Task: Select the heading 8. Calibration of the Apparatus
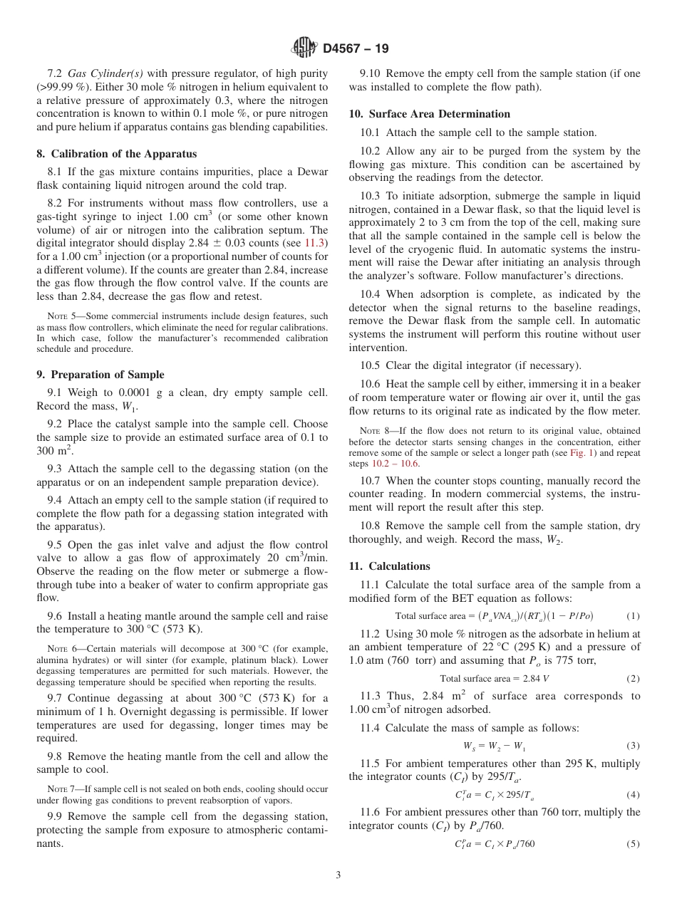tap(116, 154)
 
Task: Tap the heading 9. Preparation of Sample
tap(100, 375)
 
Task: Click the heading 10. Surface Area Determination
tap(429, 114)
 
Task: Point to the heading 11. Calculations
tap(389, 566)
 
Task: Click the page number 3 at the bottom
tap(338, 875)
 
